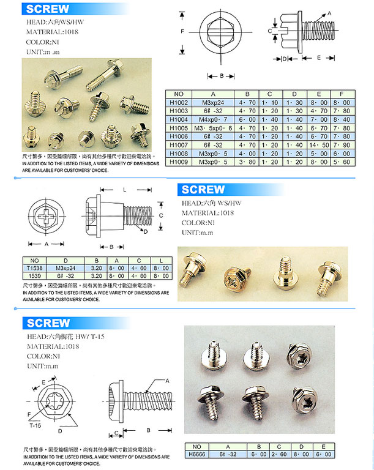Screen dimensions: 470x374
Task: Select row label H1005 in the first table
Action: [178, 128]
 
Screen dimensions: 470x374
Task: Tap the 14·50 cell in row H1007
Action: [305, 144]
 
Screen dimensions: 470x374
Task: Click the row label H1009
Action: [178, 162]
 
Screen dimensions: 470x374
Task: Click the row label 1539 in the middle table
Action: [34, 276]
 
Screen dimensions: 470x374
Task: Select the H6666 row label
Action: [196, 454]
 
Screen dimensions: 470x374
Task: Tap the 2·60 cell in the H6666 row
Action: [281, 454]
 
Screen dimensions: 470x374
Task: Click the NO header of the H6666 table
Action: [196, 446]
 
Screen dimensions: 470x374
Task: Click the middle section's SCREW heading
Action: [203, 189]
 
